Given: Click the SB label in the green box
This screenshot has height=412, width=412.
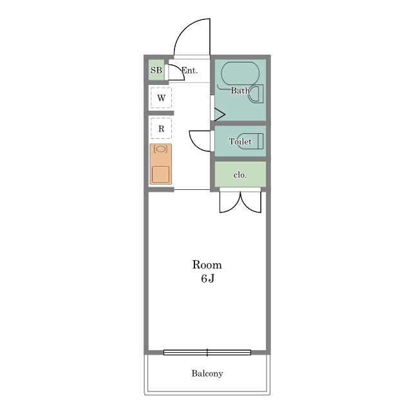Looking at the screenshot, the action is click(x=156, y=70).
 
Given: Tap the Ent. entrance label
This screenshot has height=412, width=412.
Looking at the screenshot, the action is click(x=189, y=70).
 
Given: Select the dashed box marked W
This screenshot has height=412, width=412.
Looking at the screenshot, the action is click(x=161, y=98).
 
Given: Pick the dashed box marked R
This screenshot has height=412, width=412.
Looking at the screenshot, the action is click(x=161, y=128).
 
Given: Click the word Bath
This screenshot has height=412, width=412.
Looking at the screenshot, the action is click(x=240, y=90).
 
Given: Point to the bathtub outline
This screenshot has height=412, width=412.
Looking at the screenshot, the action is click(x=240, y=73).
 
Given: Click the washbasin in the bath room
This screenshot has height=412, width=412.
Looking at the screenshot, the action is click(x=256, y=93).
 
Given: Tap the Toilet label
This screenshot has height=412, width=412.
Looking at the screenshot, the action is click(x=240, y=142).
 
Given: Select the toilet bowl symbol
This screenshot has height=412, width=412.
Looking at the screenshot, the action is click(x=250, y=141).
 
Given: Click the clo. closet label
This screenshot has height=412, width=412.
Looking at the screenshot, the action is click(x=240, y=175).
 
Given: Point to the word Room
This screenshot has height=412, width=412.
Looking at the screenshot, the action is click(x=207, y=265).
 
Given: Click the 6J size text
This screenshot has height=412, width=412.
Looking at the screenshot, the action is click(x=207, y=279).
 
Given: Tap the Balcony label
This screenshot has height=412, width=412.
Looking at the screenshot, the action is click(x=207, y=373).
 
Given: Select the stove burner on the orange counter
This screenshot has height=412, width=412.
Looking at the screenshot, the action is click(x=160, y=149).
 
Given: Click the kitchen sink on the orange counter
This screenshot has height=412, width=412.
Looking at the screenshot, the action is click(x=160, y=174).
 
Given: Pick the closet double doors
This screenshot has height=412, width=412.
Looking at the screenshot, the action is click(x=240, y=201).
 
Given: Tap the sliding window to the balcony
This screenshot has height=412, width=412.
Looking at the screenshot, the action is click(x=207, y=352).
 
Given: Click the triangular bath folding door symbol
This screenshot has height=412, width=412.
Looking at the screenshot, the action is click(x=220, y=115).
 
